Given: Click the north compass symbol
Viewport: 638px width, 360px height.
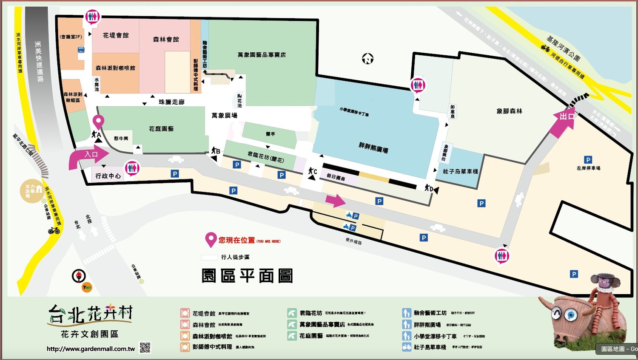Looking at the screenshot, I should [367, 59].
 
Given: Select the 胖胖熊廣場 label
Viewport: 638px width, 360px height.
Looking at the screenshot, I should [373, 148].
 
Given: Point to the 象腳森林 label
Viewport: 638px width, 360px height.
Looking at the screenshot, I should [509, 111].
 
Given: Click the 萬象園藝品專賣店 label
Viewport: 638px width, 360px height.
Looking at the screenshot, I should [262, 55].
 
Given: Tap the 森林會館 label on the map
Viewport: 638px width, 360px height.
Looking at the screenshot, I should [166, 39].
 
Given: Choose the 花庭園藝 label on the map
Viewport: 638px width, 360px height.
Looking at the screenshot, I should [161, 128].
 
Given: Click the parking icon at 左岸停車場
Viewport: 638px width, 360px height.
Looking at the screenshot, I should [588, 160].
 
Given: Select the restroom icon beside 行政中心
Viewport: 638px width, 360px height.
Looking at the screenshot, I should [132, 168].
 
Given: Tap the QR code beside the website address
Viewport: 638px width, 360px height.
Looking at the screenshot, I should [145, 348].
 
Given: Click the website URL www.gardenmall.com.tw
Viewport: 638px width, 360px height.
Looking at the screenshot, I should [91, 349].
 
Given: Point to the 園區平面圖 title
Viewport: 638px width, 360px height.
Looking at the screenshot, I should [247, 276].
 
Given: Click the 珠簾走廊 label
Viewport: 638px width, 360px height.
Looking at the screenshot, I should [171, 102].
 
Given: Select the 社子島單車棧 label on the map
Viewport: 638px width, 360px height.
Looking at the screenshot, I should [460, 171].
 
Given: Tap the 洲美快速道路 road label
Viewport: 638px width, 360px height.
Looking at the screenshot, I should [39, 61].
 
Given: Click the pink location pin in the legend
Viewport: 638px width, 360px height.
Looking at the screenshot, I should [210, 240].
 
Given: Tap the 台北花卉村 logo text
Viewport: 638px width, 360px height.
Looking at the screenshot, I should [90, 314].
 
